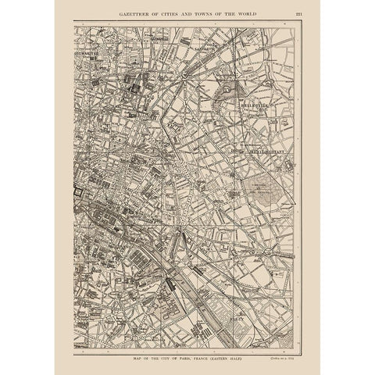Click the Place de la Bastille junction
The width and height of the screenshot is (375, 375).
(x=180, y=231)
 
